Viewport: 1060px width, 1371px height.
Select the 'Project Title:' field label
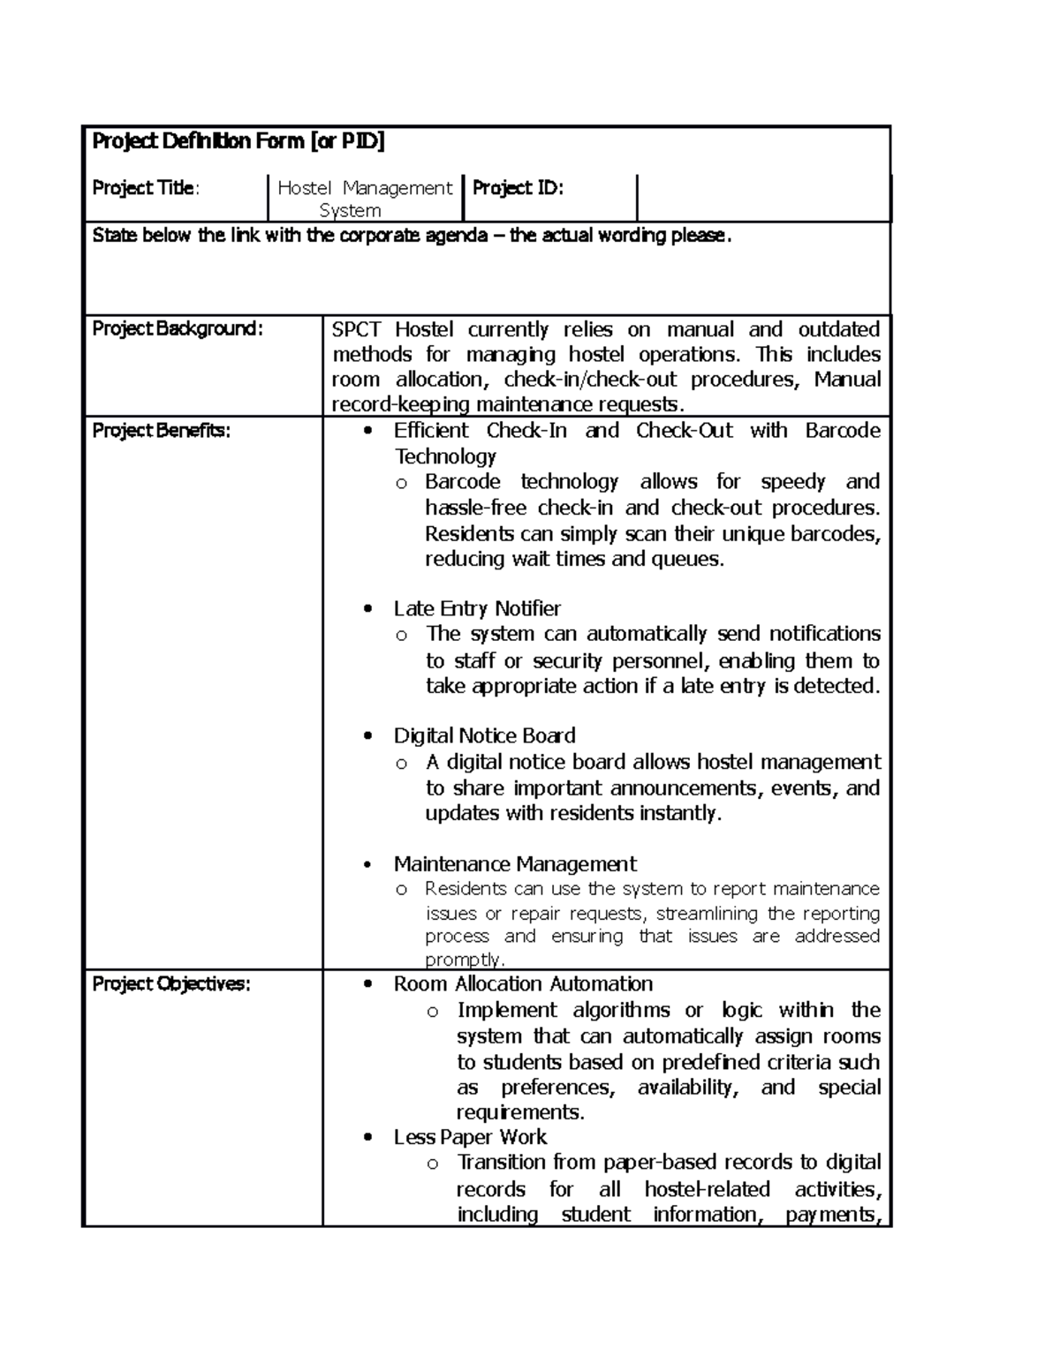[146, 188]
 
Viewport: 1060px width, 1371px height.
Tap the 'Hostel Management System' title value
[364, 199]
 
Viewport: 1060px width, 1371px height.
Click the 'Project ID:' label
[518, 188]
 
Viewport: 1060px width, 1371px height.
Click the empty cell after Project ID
[763, 198]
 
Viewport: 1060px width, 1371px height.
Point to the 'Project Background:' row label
[178, 328]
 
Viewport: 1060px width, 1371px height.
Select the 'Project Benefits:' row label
[161, 431]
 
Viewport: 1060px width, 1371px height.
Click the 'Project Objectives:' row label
[171, 984]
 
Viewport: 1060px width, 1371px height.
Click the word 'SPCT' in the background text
[356, 330]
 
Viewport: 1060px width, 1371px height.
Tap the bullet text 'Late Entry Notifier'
[477, 609]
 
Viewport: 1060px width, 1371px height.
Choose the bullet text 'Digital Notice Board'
[484, 736]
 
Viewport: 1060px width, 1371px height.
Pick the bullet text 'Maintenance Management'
[515, 864]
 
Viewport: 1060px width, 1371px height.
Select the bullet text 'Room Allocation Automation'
[523, 984]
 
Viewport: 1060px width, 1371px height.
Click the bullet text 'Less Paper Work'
[470, 1137]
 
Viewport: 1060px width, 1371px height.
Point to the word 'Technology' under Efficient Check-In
[444, 456]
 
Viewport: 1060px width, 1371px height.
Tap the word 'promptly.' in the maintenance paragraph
[466, 960]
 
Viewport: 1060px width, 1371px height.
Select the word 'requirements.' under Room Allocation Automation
[520, 1112]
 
